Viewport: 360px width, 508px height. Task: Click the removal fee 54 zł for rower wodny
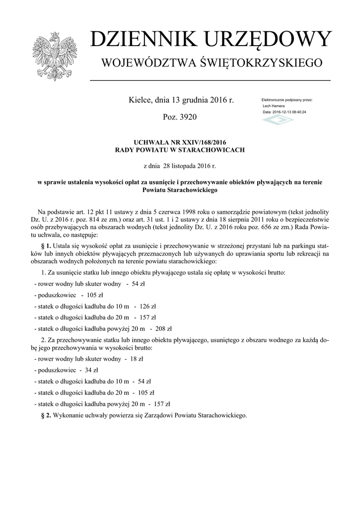[138, 284]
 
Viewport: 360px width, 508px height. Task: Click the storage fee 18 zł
[137, 359]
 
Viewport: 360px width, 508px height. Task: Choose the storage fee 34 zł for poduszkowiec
[91, 370]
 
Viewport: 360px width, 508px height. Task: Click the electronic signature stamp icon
[278, 121]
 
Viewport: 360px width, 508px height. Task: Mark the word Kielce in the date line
[140, 100]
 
